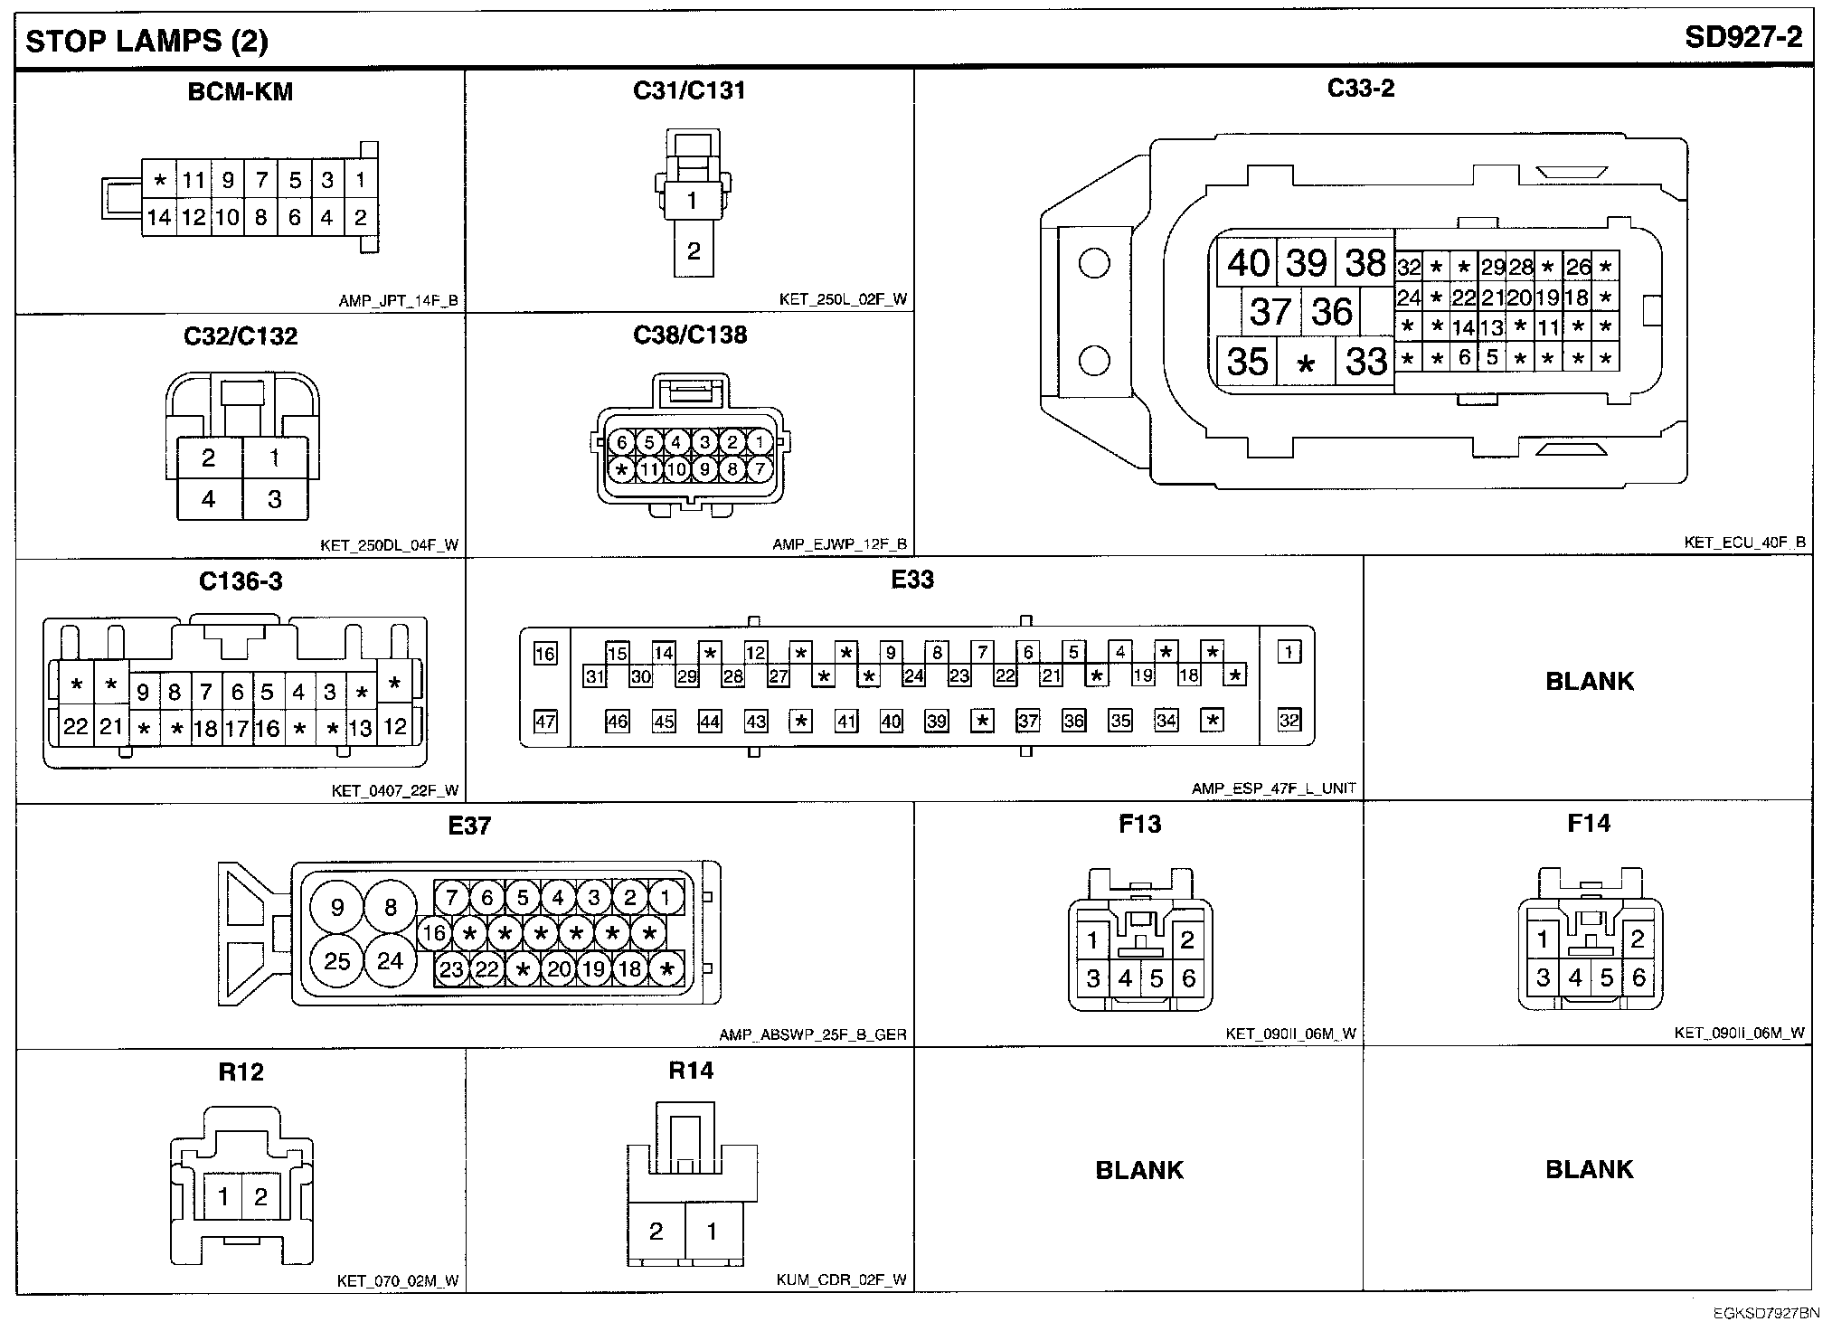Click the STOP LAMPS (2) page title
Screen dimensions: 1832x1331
(146, 42)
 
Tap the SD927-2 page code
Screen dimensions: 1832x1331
(1743, 38)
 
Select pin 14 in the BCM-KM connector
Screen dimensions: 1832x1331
(159, 218)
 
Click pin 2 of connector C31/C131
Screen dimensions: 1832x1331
(694, 250)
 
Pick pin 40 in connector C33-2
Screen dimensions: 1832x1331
(1248, 263)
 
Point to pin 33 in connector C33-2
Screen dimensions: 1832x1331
(1365, 362)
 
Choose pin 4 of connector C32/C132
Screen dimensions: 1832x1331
(209, 498)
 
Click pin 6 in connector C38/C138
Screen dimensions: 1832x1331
(622, 442)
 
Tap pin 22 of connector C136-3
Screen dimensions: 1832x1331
(76, 727)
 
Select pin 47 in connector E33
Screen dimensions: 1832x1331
(545, 722)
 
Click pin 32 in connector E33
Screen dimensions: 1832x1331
(1289, 721)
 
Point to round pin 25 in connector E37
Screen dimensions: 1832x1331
(337, 960)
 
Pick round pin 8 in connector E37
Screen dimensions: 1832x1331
(391, 907)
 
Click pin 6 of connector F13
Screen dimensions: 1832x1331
(1188, 977)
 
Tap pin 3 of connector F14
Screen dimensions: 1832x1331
(1544, 977)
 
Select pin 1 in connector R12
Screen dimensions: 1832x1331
(223, 1197)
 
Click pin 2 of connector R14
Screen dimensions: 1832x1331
(656, 1231)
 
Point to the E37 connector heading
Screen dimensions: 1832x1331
(469, 826)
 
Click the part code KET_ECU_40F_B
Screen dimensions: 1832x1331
(1744, 543)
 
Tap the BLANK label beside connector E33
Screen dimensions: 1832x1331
(1589, 681)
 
